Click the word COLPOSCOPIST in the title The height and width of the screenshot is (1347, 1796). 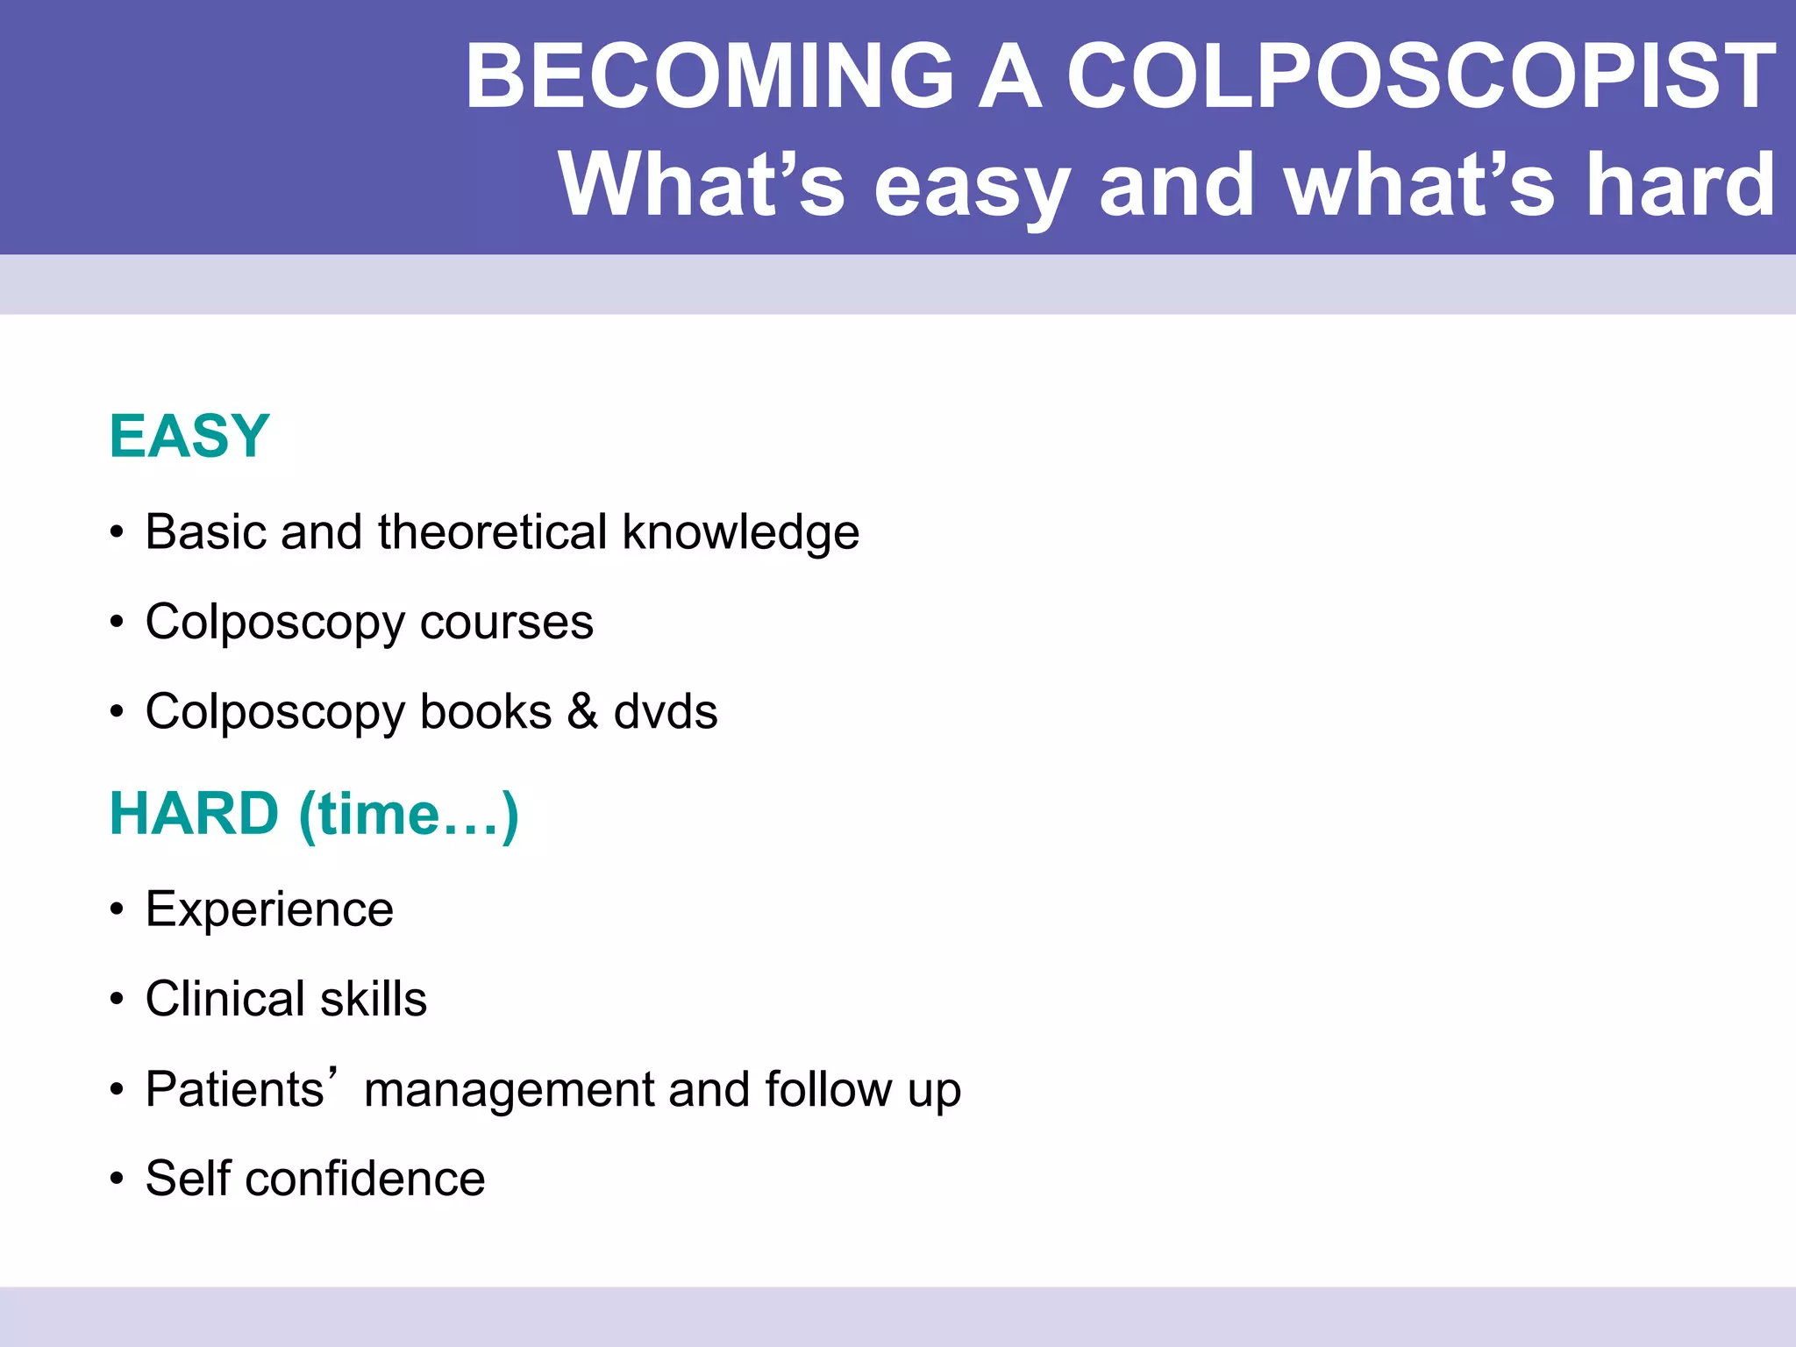coord(1421,77)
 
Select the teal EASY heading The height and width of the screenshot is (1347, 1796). coord(189,436)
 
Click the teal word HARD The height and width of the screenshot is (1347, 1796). coord(194,814)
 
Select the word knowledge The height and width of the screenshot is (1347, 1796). coord(741,533)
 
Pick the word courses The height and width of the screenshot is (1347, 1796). coord(506,623)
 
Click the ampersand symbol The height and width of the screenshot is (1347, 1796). coord(582,711)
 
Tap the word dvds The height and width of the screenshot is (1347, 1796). coord(666,711)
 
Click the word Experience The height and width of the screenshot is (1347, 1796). coord(269,910)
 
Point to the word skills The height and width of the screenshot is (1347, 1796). coord(374,999)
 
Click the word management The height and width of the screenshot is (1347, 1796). coord(508,1090)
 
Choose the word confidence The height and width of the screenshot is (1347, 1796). coord(365,1179)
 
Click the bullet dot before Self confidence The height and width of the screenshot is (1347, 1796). coord(117,1180)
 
